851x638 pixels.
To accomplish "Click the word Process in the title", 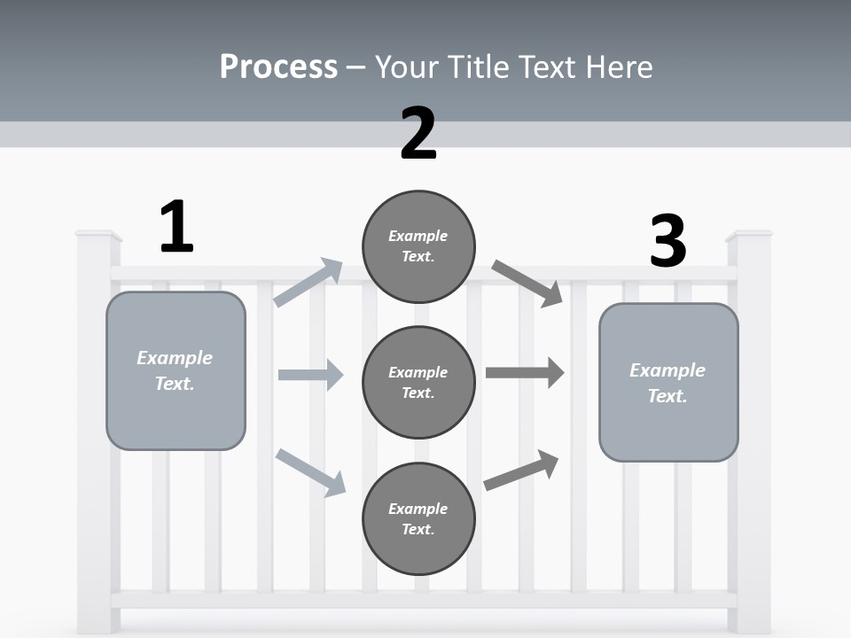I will tap(278, 66).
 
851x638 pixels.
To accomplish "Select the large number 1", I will tap(176, 227).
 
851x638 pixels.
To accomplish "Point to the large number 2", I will tap(418, 134).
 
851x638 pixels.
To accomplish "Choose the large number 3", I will tap(668, 241).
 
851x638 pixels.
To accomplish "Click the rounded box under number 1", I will tap(176, 370).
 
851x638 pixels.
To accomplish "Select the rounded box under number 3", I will tap(668, 382).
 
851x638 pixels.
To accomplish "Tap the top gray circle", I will tap(418, 246).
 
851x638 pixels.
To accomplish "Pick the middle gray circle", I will tap(418, 382).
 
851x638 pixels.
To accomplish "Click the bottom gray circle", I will tap(418, 518).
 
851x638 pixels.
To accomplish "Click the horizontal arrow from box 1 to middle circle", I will tap(310, 375).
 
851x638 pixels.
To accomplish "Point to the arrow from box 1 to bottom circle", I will tap(310, 472).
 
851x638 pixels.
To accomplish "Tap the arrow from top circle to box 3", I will tap(527, 283).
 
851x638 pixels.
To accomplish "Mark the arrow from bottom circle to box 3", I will tap(521, 471).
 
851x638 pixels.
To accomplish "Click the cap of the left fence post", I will tap(98, 236).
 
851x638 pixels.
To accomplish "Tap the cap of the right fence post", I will tap(749, 236).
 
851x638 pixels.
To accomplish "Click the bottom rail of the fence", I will tap(424, 600).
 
